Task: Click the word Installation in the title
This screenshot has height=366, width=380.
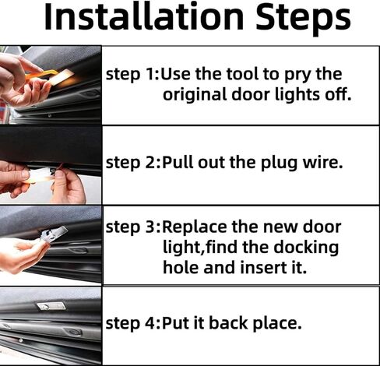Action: tap(144, 16)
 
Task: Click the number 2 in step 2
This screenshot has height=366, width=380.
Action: tap(151, 163)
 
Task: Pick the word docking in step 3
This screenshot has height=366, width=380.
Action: tap(306, 248)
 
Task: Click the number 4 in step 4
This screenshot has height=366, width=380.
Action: tap(151, 324)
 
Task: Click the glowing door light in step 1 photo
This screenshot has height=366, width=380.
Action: tap(63, 77)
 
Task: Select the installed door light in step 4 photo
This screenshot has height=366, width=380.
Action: tap(51, 307)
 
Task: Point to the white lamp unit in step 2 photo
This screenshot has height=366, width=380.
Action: tap(40, 175)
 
